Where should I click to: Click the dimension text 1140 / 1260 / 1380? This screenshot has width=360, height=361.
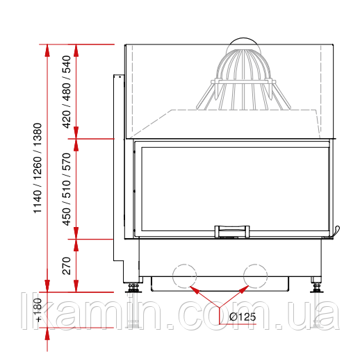[38, 168]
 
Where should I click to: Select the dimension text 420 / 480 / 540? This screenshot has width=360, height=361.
[67, 92]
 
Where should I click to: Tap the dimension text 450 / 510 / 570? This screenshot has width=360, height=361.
[67, 189]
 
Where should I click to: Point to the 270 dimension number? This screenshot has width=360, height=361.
[67, 266]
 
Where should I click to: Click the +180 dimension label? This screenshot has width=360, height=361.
[38, 310]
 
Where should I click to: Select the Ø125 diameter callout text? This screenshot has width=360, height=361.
[243, 317]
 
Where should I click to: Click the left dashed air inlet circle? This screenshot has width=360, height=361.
[185, 276]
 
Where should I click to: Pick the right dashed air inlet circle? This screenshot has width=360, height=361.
[255, 276]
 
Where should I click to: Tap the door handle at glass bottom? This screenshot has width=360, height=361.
[232, 231]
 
